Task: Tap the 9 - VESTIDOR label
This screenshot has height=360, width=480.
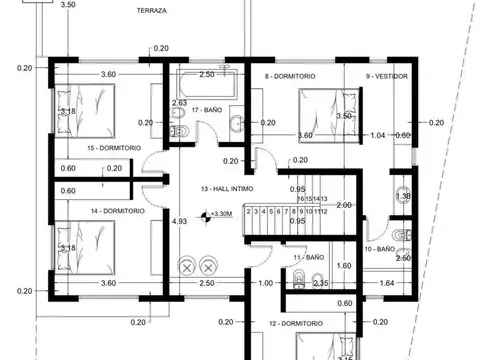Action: click(x=386, y=75)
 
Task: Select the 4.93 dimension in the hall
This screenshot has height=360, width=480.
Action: click(x=180, y=221)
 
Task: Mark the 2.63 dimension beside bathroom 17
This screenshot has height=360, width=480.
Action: click(x=180, y=103)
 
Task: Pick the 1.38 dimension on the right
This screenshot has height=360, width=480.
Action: click(x=403, y=196)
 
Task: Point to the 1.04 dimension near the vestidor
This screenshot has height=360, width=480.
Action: click(x=377, y=135)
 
